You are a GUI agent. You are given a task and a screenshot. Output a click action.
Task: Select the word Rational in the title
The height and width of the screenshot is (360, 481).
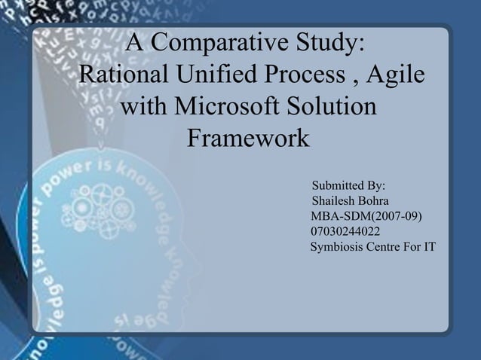[124, 76]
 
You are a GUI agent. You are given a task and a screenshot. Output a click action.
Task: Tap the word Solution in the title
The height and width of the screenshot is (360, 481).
[332, 107]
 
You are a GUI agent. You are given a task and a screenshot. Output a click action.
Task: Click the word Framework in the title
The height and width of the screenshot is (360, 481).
[247, 139]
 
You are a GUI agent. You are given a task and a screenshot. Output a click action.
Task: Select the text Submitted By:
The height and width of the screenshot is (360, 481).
[348, 185]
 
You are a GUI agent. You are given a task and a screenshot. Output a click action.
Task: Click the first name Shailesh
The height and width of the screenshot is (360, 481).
[334, 201]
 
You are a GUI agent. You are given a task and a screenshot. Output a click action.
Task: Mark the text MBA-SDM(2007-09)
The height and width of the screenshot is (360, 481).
[366, 217]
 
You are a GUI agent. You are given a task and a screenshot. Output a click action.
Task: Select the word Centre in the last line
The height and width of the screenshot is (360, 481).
[384, 247]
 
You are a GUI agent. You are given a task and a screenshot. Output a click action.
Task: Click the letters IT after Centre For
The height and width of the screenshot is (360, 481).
[429, 247]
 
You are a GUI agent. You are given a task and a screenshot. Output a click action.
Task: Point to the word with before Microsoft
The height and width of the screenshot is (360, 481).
[145, 107]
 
